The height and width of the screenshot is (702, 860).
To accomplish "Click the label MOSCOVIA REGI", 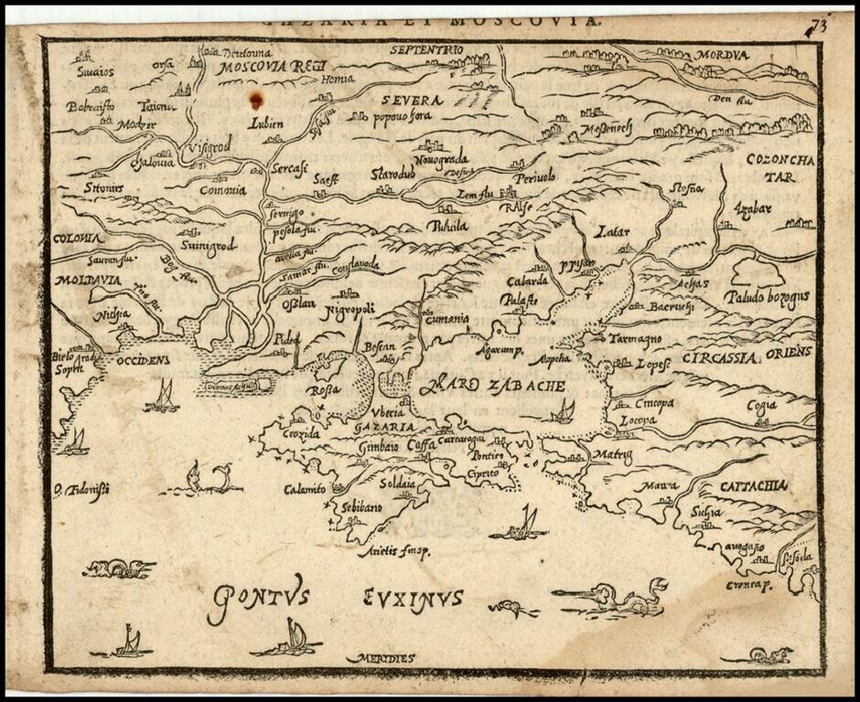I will (259, 67).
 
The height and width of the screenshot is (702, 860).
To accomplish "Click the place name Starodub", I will (394, 173).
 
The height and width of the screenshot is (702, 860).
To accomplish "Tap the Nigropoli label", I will (348, 310).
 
